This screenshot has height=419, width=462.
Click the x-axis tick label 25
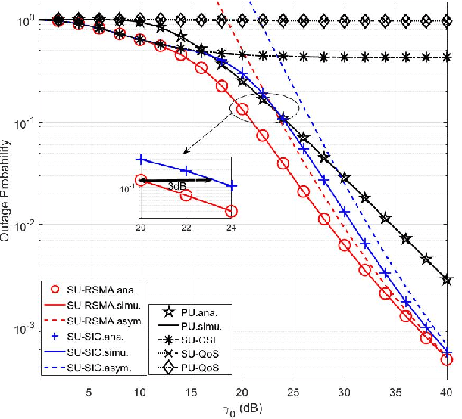click(293, 393)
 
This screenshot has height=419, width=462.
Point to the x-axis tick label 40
click(446, 393)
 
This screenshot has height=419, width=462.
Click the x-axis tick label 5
click(89, 393)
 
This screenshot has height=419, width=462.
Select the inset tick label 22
click(186, 227)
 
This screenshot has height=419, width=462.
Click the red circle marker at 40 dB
click(446, 359)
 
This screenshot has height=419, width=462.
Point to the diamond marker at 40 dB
click(446, 20)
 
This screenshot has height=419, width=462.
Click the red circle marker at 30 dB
click(345, 245)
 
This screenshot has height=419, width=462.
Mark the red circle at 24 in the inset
click(231, 211)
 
